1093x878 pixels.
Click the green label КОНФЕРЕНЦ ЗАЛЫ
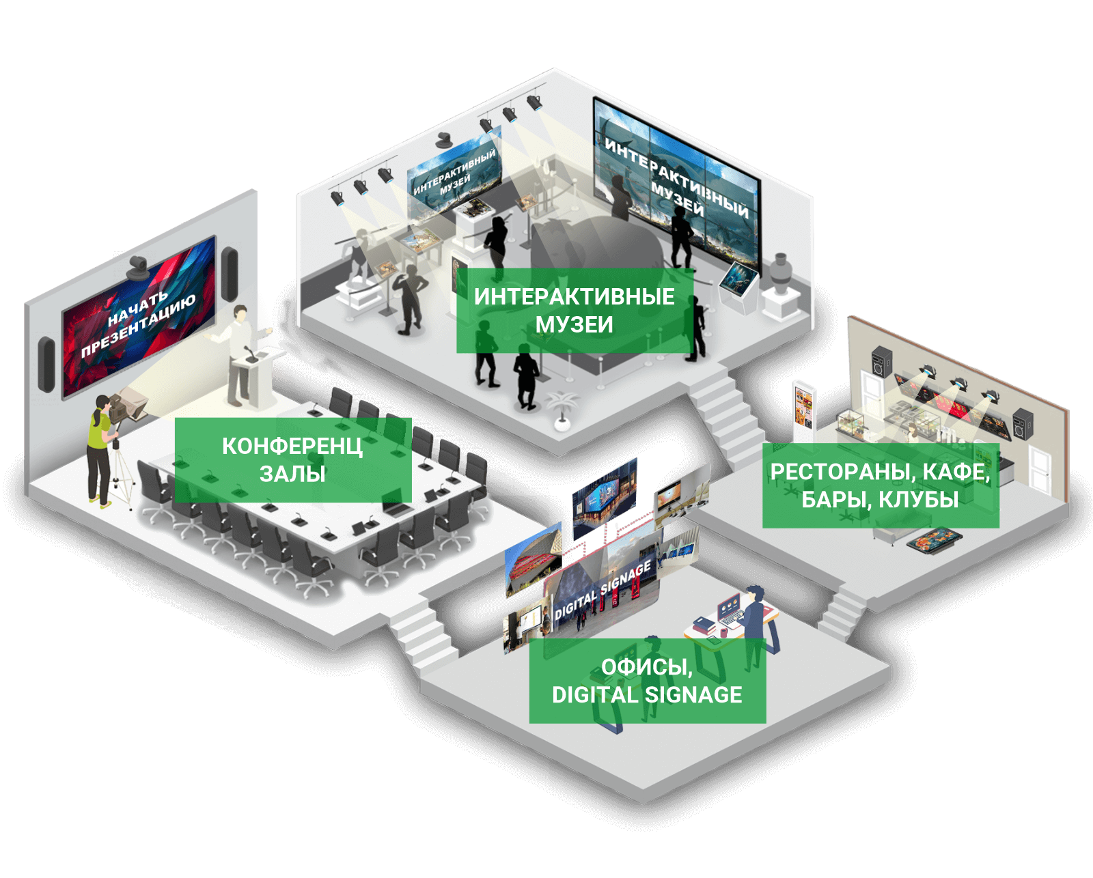coord(292,459)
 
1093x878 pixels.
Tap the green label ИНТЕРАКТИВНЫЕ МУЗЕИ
coord(574,311)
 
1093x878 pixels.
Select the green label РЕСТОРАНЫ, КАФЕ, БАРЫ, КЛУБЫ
coord(880,485)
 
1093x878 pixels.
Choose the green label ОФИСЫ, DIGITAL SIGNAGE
coord(647,681)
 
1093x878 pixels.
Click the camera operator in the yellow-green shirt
coord(99,451)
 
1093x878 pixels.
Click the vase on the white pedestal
coord(779,273)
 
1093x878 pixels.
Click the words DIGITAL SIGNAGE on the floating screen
coord(602,591)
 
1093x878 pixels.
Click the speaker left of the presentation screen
coord(46,364)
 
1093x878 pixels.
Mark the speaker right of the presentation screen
coord(230,274)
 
